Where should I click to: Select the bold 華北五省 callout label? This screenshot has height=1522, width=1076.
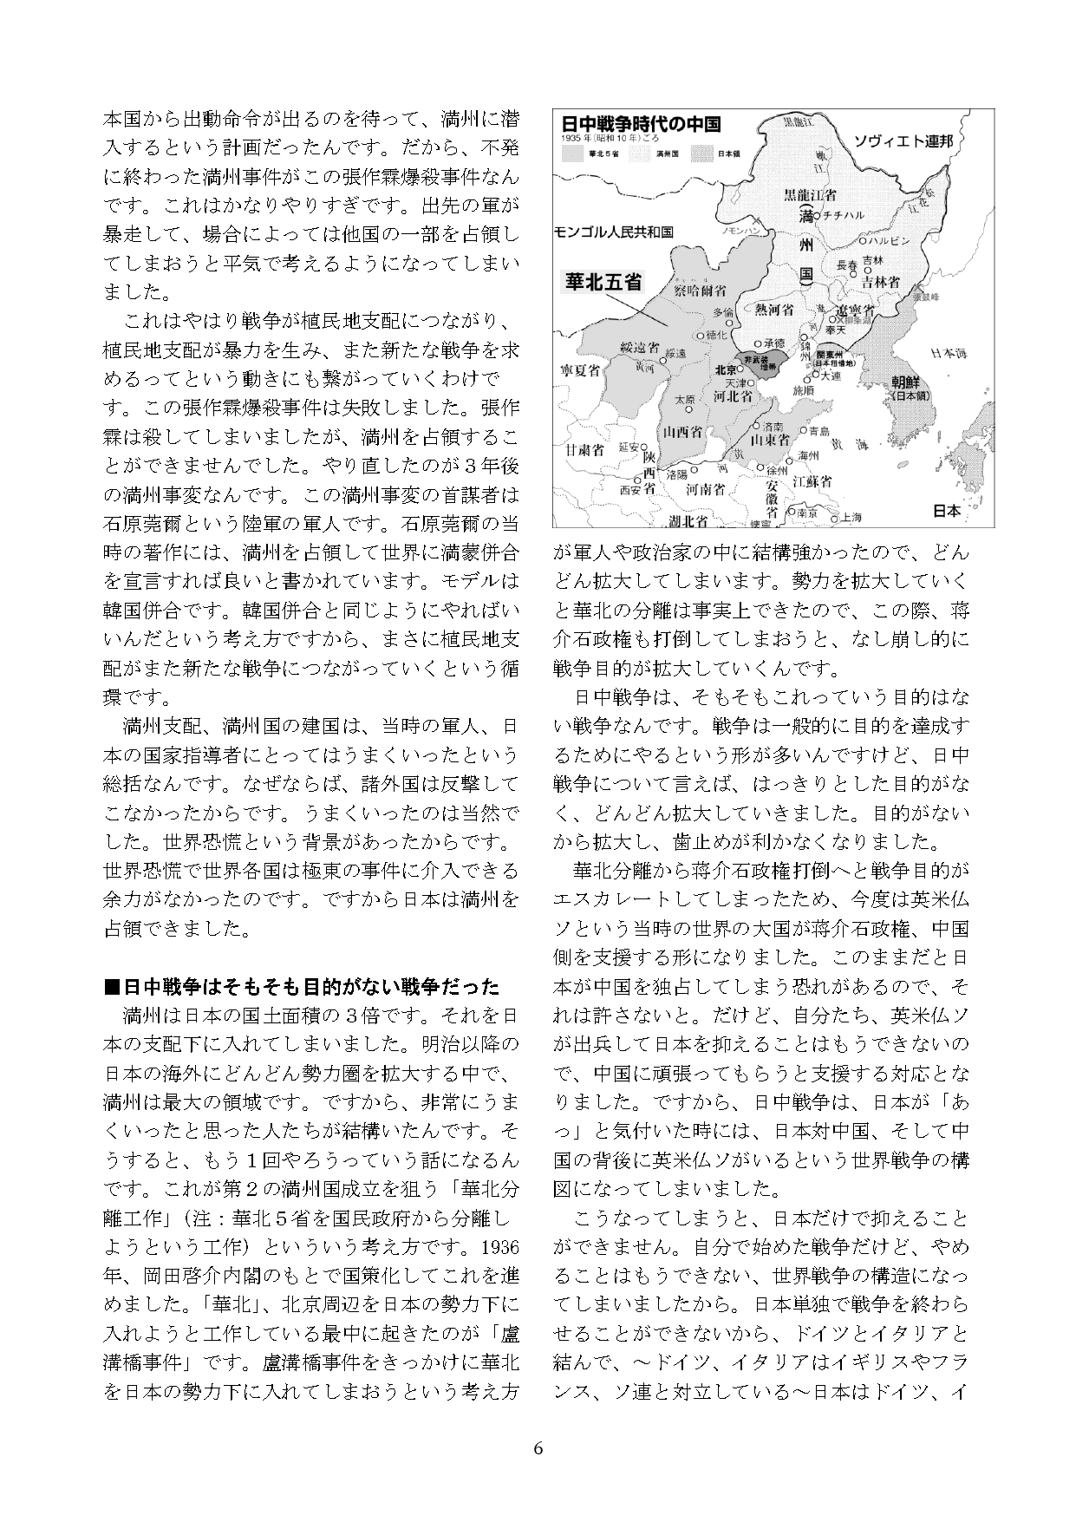point(603,281)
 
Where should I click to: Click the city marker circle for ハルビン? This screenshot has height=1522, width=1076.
point(863,240)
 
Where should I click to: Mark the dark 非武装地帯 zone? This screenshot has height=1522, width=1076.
point(764,362)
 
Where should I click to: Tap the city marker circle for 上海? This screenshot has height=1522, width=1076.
point(836,518)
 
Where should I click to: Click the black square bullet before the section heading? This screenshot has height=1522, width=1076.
point(110,987)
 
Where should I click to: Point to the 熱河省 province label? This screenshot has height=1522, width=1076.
point(774,310)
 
